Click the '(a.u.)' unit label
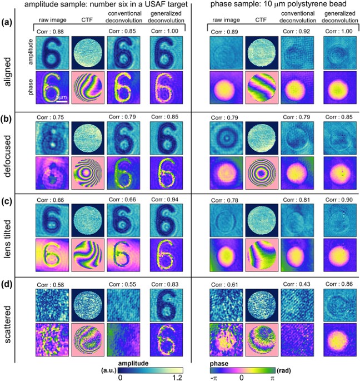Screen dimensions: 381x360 (109, 367)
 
